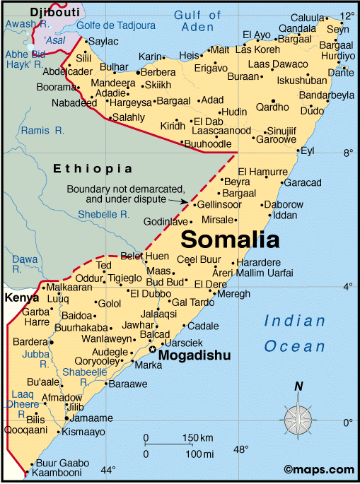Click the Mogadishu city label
point(194,355)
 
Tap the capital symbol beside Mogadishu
point(152,350)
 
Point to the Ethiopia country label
point(93,168)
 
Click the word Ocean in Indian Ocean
point(295,346)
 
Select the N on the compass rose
point(299,386)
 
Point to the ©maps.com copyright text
point(319,469)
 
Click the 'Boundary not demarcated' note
point(126,194)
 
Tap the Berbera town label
point(158,73)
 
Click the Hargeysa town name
point(132,101)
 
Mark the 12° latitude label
point(347,16)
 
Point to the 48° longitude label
point(241,449)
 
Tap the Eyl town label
point(307,150)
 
